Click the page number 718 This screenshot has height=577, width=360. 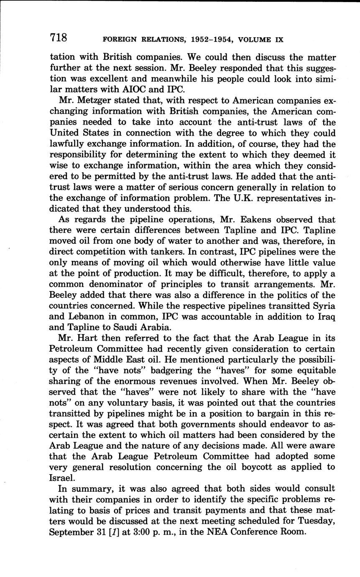pos(59,38)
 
